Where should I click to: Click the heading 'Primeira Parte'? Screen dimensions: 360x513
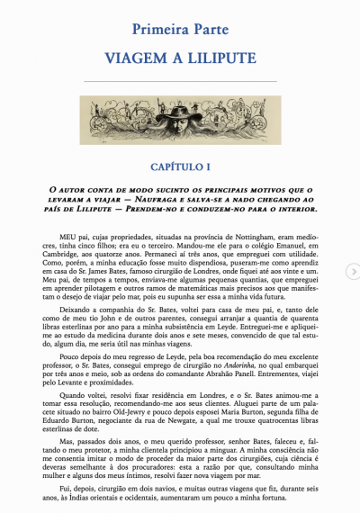pyautogui.click(x=179, y=32)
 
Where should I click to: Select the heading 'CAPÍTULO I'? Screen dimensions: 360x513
pyautogui.click(x=180, y=166)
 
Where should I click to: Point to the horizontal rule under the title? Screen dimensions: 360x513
pyautogui.click(x=180, y=82)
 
